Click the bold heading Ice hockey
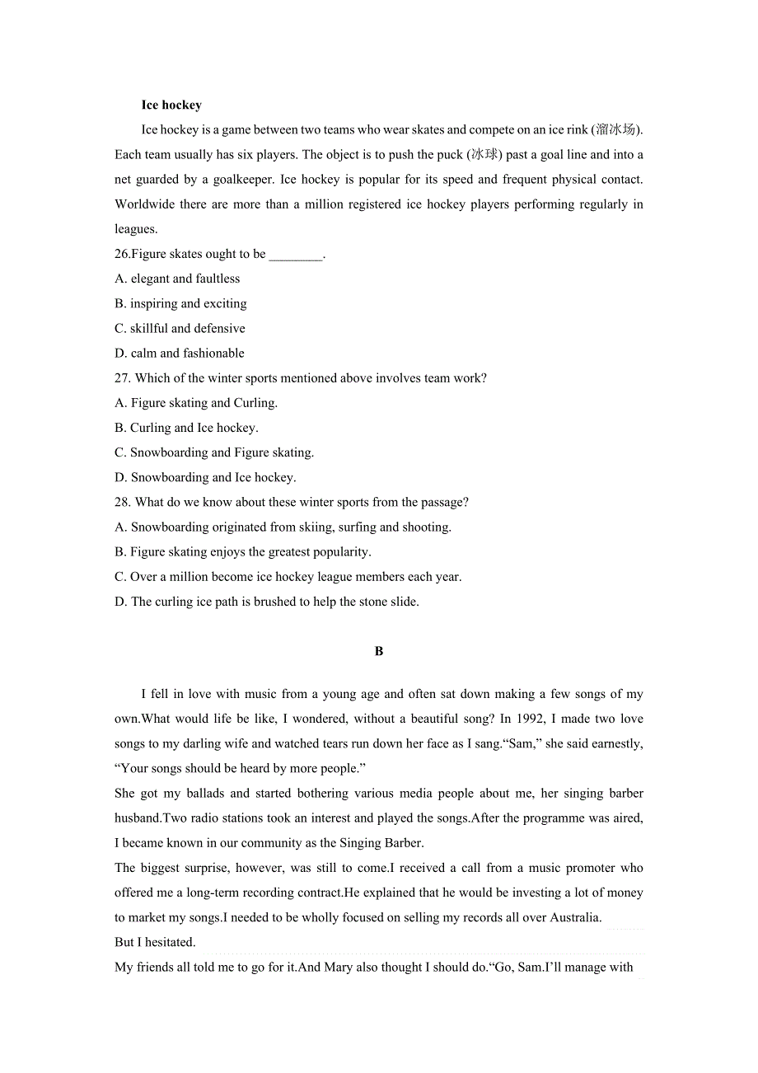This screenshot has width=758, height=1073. click(x=171, y=105)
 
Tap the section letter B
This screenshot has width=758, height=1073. click(x=379, y=651)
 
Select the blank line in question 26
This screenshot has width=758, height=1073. click(x=295, y=255)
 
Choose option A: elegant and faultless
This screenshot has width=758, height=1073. click(x=177, y=279)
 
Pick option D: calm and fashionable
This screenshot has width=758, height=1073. click(x=180, y=353)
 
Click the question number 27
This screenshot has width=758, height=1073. click(x=122, y=378)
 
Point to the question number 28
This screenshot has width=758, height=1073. click(x=122, y=502)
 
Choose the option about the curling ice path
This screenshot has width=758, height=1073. click(x=267, y=602)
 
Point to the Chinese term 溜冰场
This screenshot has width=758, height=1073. click(x=615, y=129)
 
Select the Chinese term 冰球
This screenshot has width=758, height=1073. click(x=484, y=154)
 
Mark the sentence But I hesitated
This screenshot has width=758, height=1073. click(x=155, y=942)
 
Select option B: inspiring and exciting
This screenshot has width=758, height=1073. click(x=180, y=303)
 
